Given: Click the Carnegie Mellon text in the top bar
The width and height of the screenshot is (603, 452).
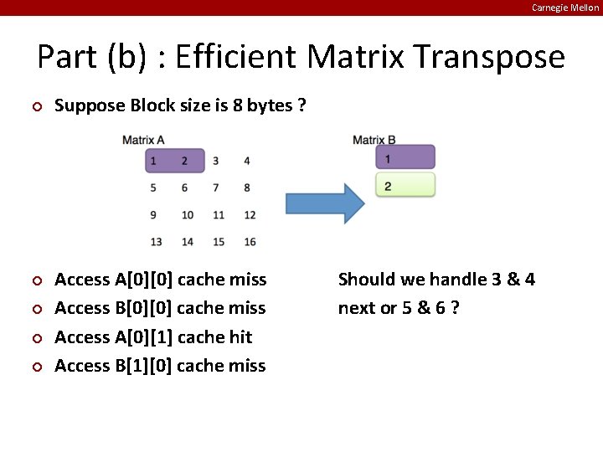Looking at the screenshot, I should pyautogui.click(x=565, y=8).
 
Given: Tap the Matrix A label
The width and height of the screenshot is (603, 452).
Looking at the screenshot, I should pyautogui.click(x=143, y=140).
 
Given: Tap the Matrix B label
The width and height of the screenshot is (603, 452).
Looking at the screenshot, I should pyautogui.click(x=374, y=140).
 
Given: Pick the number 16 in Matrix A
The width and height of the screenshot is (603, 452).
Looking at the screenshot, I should pyautogui.click(x=250, y=242).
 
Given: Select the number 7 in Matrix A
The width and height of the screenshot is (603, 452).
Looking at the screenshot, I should pyautogui.click(x=216, y=187).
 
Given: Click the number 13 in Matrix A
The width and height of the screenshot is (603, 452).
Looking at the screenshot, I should pyautogui.click(x=156, y=242).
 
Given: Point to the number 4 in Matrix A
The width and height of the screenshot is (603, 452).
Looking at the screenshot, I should pyautogui.click(x=247, y=161).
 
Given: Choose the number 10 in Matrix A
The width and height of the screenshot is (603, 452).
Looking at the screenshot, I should pyautogui.click(x=187, y=215).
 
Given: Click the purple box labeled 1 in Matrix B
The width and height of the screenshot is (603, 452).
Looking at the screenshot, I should pyautogui.click(x=405, y=157).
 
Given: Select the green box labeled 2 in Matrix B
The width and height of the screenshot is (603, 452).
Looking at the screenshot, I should pyautogui.click(x=405, y=185).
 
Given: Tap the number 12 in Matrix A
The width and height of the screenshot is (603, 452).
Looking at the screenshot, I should pyautogui.click(x=250, y=215).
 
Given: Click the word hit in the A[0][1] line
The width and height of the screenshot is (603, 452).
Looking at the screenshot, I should pyautogui.click(x=240, y=336).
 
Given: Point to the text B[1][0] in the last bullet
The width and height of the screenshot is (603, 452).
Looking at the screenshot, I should pyautogui.click(x=143, y=366).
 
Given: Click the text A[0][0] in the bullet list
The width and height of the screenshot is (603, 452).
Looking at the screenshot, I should pyautogui.click(x=144, y=280).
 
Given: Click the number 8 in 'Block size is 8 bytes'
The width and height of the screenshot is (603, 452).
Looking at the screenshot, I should pyautogui.click(x=250, y=105).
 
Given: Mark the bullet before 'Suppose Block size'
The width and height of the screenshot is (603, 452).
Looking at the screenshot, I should pyautogui.click(x=36, y=106).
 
